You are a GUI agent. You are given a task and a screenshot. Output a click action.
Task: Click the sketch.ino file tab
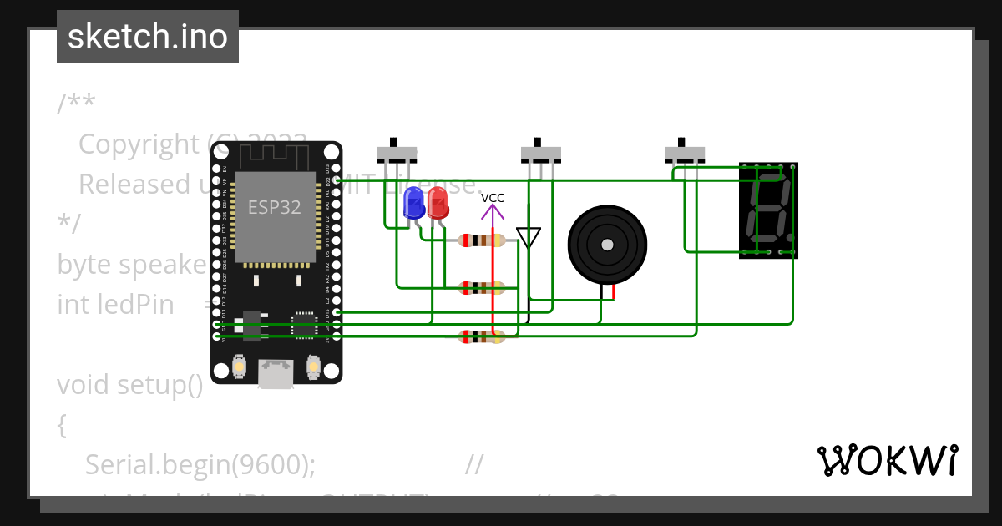(x=148, y=37)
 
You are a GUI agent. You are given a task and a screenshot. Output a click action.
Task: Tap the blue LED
(x=413, y=203)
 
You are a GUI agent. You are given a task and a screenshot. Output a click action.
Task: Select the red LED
(x=437, y=203)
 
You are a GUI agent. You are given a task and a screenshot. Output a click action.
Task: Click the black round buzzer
(x=607, y=245)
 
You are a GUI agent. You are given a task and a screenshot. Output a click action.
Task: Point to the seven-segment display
(x=768, y=210)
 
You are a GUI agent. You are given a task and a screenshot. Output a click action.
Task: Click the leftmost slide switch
(x=397, y=153)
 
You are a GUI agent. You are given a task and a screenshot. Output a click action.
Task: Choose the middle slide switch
(x=541, y=153)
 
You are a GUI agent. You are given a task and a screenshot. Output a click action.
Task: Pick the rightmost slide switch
(x=685, y=153)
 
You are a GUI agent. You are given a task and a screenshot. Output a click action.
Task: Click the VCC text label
(x=493, y=198)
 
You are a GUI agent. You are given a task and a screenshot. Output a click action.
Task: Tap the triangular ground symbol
(x=528, y=237)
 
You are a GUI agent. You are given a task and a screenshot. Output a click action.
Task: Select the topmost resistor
(x=482, y=240)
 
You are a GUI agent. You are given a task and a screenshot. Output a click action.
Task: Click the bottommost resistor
(x=482, y=337)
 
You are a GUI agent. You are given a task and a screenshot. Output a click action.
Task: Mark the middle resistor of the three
(x=482, y=289)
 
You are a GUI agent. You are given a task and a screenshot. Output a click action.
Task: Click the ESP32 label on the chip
(x=274, y=207)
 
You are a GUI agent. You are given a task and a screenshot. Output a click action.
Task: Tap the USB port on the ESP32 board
(x=276, y=373)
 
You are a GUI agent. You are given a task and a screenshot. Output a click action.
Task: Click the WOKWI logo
(x=887, y=460)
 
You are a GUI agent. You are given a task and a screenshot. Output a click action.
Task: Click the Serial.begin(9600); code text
(x=200, y=464)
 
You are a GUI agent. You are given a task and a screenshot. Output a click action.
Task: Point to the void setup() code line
(x=130, y=385)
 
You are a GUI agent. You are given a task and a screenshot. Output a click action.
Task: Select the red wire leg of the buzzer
(x=613, y=291)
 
